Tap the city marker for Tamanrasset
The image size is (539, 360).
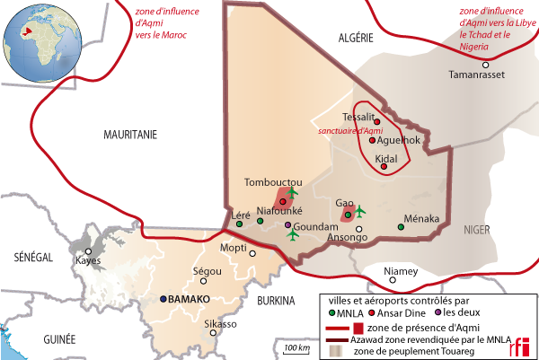coord(485,65)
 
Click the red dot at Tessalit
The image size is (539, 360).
coord(376,121)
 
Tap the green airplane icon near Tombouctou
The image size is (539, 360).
coord(292,192)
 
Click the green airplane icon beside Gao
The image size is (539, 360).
coord(359,211)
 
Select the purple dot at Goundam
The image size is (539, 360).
coord(287,224)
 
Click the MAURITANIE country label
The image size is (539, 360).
coord(129,134)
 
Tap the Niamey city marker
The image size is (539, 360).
coord(401,259)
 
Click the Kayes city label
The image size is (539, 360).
coord(88,260)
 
